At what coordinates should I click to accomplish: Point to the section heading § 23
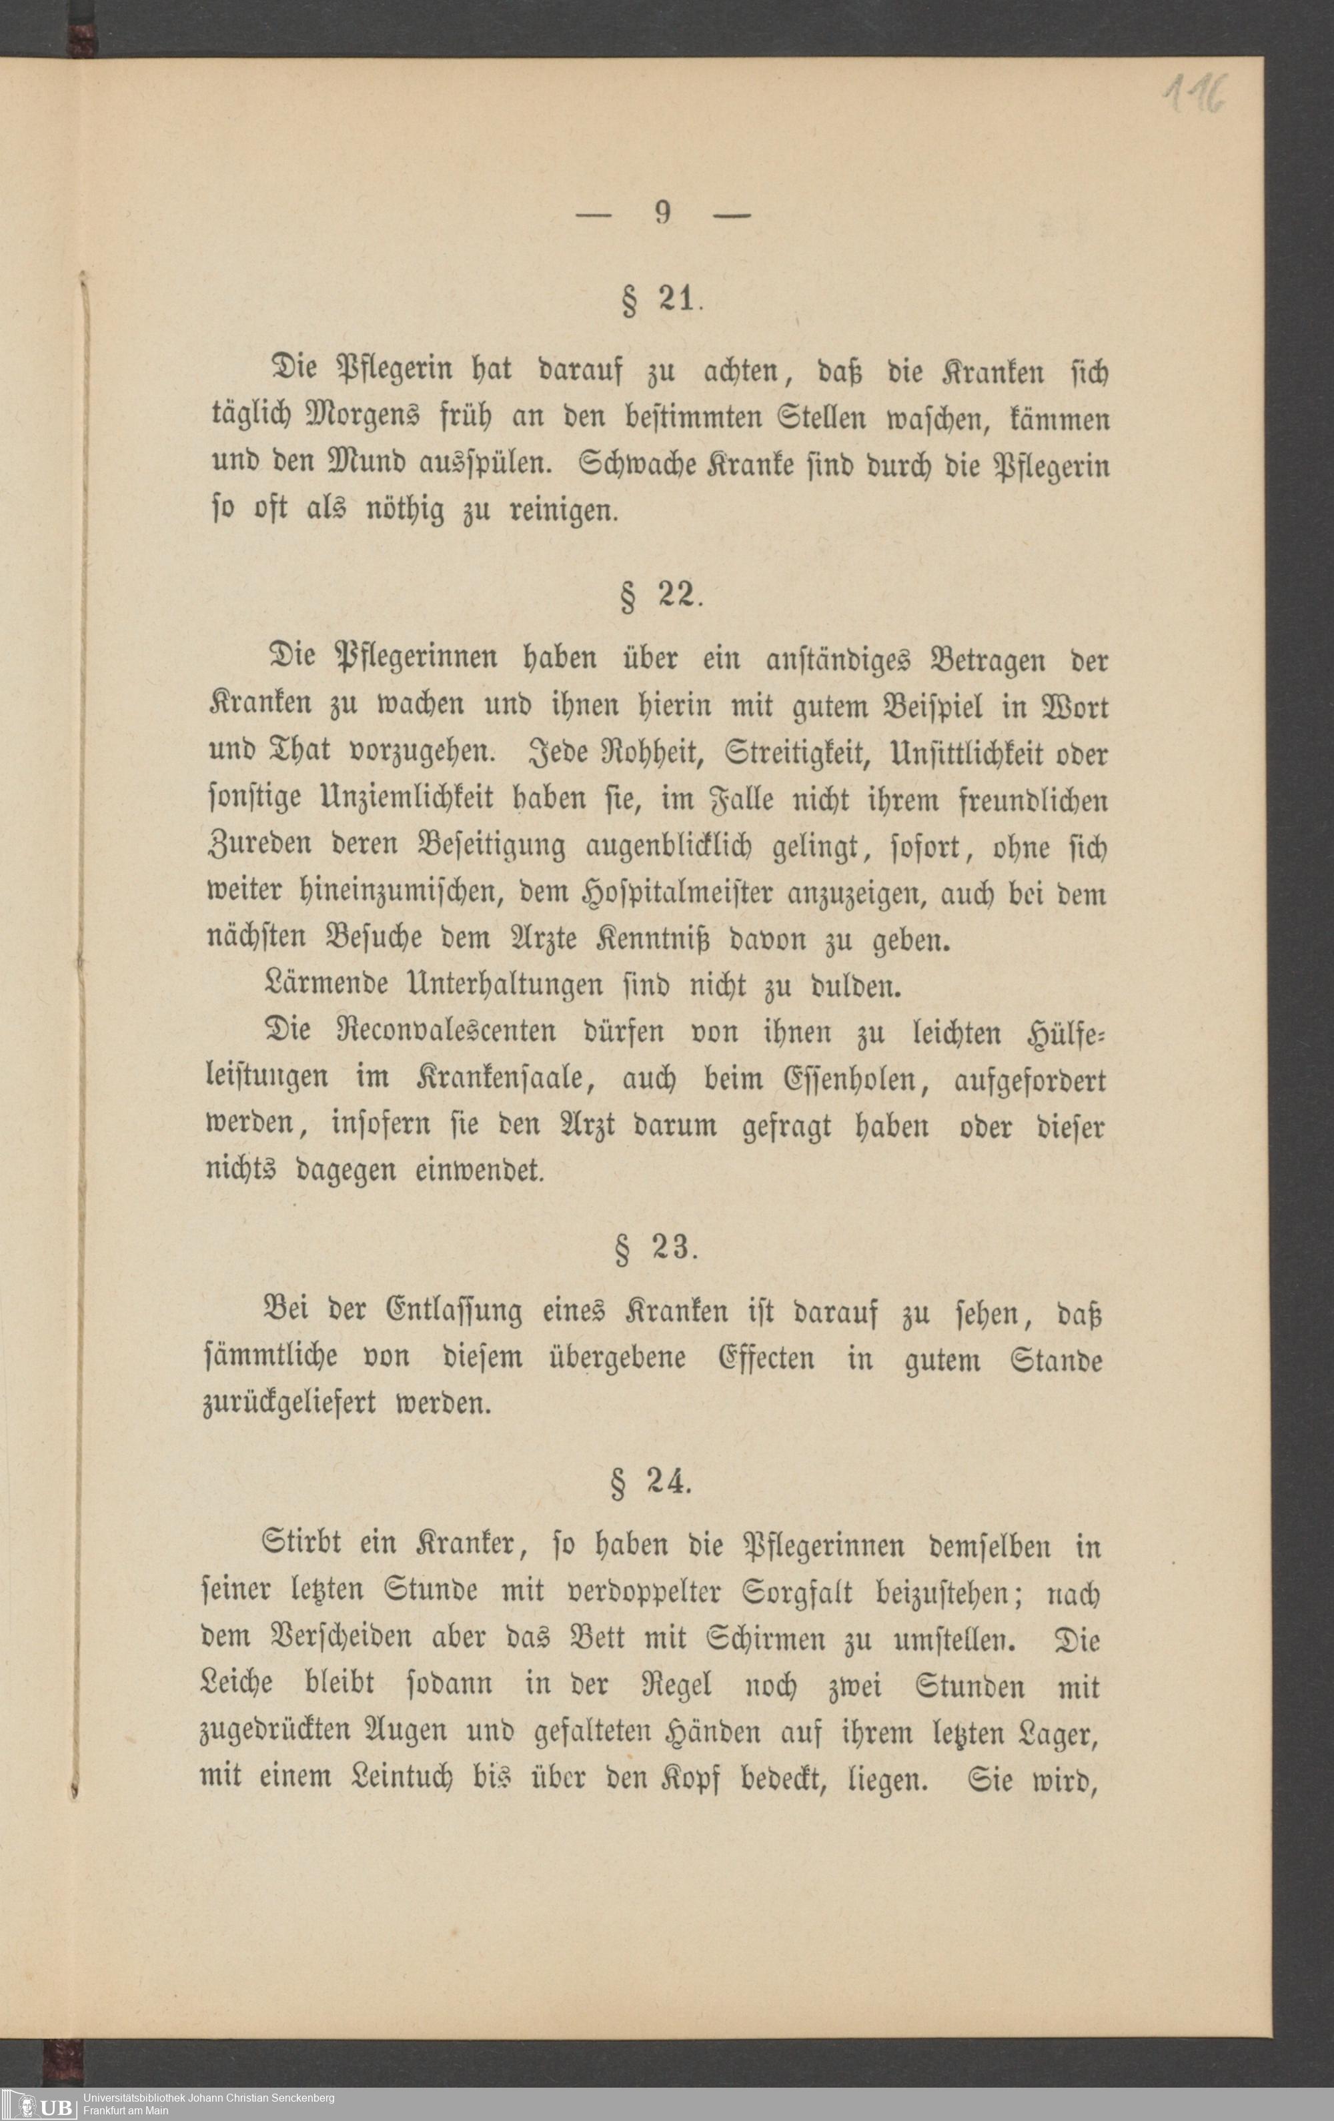(x=656, y=1251)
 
